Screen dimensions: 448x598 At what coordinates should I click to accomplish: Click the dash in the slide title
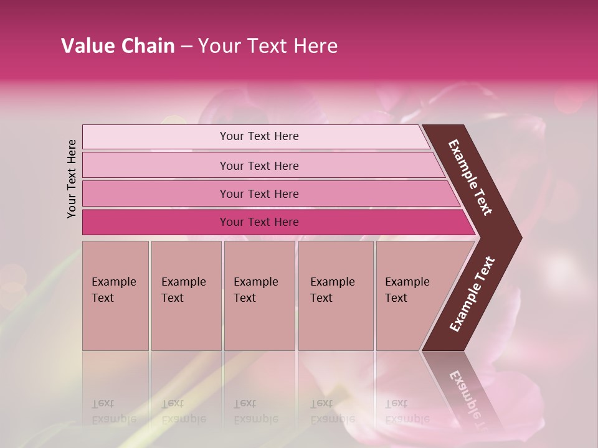186,47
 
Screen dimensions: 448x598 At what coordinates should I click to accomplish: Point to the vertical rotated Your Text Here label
72,179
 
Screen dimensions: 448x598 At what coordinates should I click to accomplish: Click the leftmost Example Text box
115,296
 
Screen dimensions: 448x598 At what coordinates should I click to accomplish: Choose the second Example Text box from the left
186,296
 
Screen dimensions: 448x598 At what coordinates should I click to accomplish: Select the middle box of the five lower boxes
259,296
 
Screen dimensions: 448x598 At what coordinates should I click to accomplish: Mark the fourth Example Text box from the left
336,296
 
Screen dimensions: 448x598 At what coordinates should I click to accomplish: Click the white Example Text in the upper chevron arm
470,177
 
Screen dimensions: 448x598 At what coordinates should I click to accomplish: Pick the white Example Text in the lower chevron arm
472,294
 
